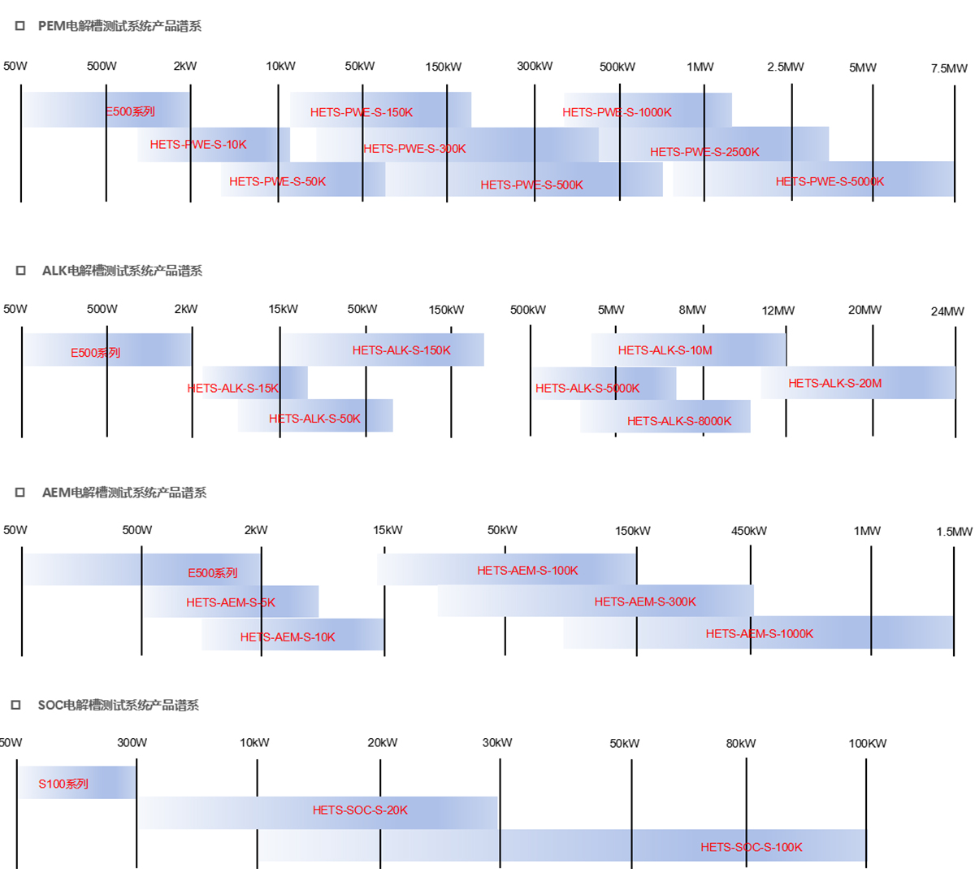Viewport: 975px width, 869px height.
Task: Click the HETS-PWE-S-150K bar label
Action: tap(362, 112)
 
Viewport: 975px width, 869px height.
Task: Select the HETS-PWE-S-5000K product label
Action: tap(830, 181)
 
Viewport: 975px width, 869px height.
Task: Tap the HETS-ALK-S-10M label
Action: tap(665, 350)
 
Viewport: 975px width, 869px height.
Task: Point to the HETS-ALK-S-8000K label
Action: tap(679, 421)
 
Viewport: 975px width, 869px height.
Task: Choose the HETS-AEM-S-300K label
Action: tap(645, 602)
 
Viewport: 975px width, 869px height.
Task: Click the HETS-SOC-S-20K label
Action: tap(360, 810)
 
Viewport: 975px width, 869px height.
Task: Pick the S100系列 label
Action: tap(63, 784)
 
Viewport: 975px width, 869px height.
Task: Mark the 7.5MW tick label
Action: tap(949, 68)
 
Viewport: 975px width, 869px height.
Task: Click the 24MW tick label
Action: tap(947, 311)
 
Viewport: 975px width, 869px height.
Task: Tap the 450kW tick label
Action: tap(748, 531)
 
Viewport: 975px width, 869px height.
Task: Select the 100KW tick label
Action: tap(867, 743)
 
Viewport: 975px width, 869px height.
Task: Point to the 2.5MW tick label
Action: tap(785, 67)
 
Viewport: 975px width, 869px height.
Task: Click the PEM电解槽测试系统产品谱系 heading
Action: tap(119, 26)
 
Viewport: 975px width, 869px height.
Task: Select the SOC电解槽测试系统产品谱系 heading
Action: tap(118, 705)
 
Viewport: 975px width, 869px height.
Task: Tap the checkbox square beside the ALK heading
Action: tap(20, 271)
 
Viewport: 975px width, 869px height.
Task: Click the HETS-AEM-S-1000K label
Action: tap(759, 633)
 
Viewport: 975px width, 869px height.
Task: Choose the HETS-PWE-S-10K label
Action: tap(198, 145)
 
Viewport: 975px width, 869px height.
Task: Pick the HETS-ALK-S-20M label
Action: tap(834, 383)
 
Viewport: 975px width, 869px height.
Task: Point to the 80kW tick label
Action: tap(740, 743)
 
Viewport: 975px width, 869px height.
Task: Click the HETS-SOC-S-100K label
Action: tap(751, 847)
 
